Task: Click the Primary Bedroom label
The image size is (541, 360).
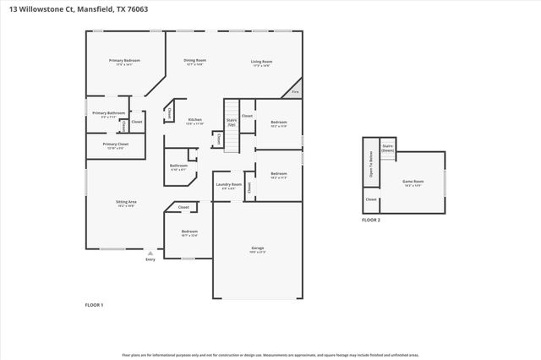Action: point(124,61)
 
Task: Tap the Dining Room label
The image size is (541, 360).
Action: point(195,61)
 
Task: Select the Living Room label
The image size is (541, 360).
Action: point(260,62)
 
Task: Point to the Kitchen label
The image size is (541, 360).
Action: point(194,121)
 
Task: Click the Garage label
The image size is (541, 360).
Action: point(257,248)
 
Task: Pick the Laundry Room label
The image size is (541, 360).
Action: point(228,184)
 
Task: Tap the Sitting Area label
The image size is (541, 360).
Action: point(126,202)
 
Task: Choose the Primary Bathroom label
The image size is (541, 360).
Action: point(108,113)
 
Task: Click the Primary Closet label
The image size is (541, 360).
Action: point(115,145)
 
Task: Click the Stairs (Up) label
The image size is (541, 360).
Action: point(231,123)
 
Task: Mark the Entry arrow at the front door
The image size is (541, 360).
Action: point(150,253)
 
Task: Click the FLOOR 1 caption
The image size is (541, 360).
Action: point(94,304)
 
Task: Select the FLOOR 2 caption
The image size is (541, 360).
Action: point(371,220)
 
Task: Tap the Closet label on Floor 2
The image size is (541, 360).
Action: point(370,199)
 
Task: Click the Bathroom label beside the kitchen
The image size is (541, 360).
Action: point(178,166)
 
